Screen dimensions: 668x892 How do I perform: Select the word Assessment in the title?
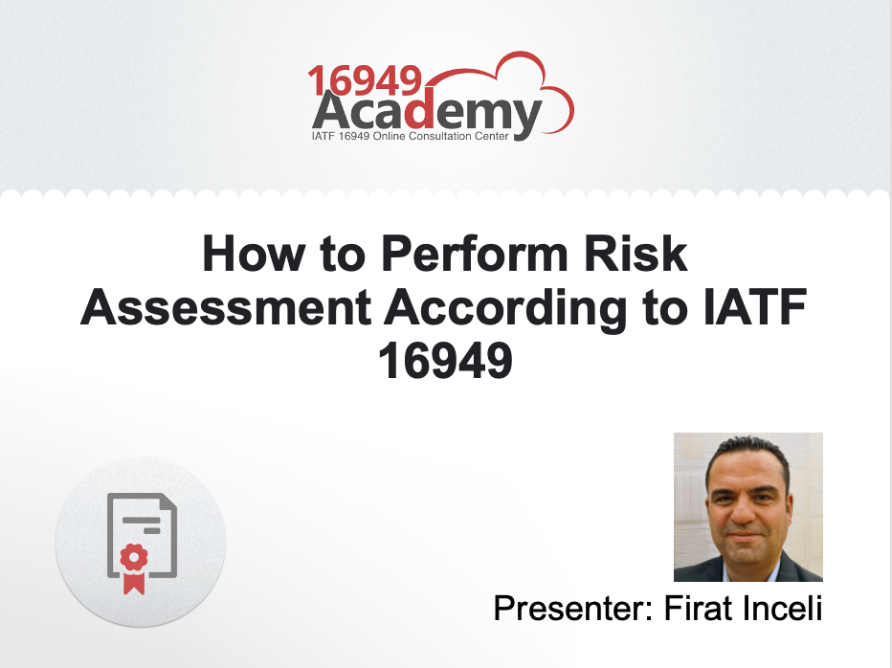coord(226,308)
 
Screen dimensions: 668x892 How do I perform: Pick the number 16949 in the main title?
coord(446,361)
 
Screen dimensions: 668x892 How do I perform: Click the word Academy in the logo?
coord(427,114)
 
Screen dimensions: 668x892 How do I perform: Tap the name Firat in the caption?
coord(696,608)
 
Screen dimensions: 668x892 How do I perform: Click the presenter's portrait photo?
coord(747,506)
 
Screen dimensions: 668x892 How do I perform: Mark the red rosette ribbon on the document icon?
coord(134,565)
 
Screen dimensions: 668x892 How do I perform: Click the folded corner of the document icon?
coord(167,503)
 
